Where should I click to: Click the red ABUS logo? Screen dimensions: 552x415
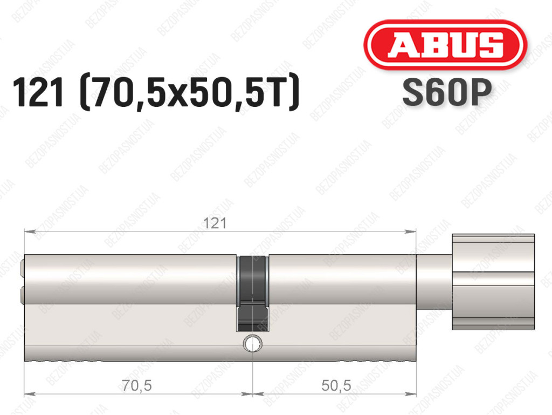pos(445,45)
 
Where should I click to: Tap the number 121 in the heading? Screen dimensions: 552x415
pos(38,92)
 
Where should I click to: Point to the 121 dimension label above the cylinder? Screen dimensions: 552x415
pos(215,223)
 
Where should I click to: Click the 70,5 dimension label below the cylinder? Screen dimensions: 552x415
pos(137,385)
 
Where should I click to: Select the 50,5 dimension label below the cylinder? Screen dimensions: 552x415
pos(336,385)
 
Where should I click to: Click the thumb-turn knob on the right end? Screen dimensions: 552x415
pos(493,282)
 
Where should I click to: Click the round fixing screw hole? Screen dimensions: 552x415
pos(252,343)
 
